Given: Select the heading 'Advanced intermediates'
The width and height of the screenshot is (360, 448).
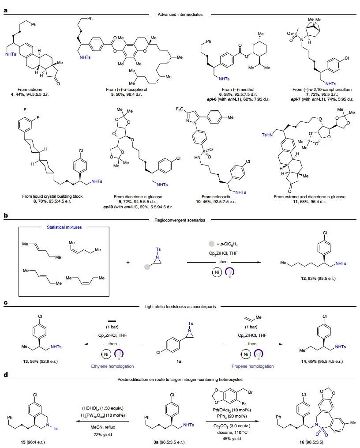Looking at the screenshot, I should (x=180, y=15).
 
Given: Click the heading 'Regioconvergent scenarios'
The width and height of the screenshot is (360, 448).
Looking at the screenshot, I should (x=180, y=219).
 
